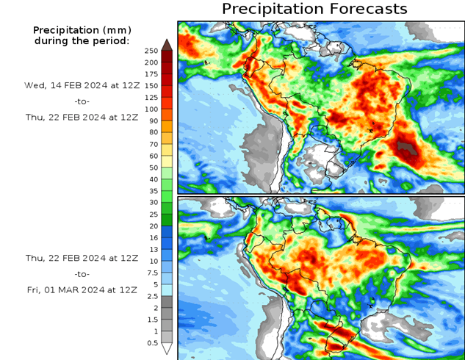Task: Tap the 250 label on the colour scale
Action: pos(151,51)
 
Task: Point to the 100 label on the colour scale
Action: pos(151,109)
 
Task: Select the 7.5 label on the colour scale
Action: pos(151,273)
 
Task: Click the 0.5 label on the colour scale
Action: pos(151,343)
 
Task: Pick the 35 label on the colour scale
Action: pos(151,190)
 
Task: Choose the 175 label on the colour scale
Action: pos(151,73)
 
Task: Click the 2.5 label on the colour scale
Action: pos(151,296)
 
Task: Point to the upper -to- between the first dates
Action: pos(82,101)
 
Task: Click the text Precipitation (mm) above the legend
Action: pos(81,30)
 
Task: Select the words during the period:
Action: pos(81,40)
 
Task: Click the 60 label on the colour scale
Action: pos(151,156)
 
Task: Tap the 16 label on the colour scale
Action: pos(151,237)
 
